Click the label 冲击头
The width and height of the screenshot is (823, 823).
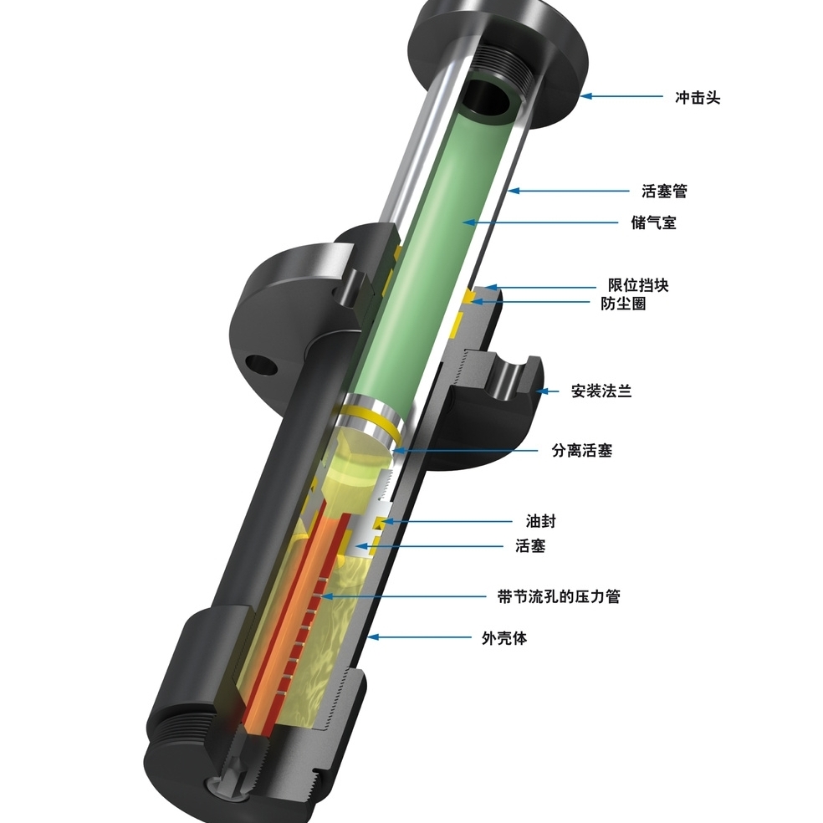[x=698, y=97]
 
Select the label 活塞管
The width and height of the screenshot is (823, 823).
[x=664, y=192]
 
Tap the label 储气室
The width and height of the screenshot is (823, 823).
[x=653, y=223]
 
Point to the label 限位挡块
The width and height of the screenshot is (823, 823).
[x=638, y=286]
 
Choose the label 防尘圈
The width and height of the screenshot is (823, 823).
[x=623, y=304]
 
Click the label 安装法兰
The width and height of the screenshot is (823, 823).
[x=601, y=391]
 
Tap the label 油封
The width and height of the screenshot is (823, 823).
[x=535, y=522]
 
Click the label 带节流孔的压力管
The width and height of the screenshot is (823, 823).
[x=559, y=596]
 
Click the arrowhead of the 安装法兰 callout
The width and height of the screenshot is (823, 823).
[x=538, y=391]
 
